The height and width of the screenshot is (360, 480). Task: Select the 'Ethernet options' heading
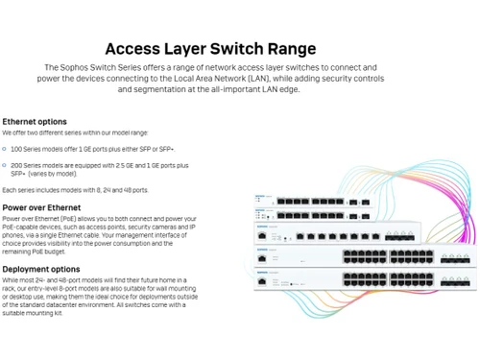(x=34, y=122)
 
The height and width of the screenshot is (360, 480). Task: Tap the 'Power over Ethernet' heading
(x=41, y=207)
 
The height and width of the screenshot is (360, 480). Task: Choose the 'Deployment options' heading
(x=40, y=270)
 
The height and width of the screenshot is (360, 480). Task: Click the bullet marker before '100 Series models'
(x=5, y=151)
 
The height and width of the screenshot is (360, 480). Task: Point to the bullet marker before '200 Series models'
(x=5, y=164)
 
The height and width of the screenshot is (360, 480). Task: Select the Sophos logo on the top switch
(x=260, y=196)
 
